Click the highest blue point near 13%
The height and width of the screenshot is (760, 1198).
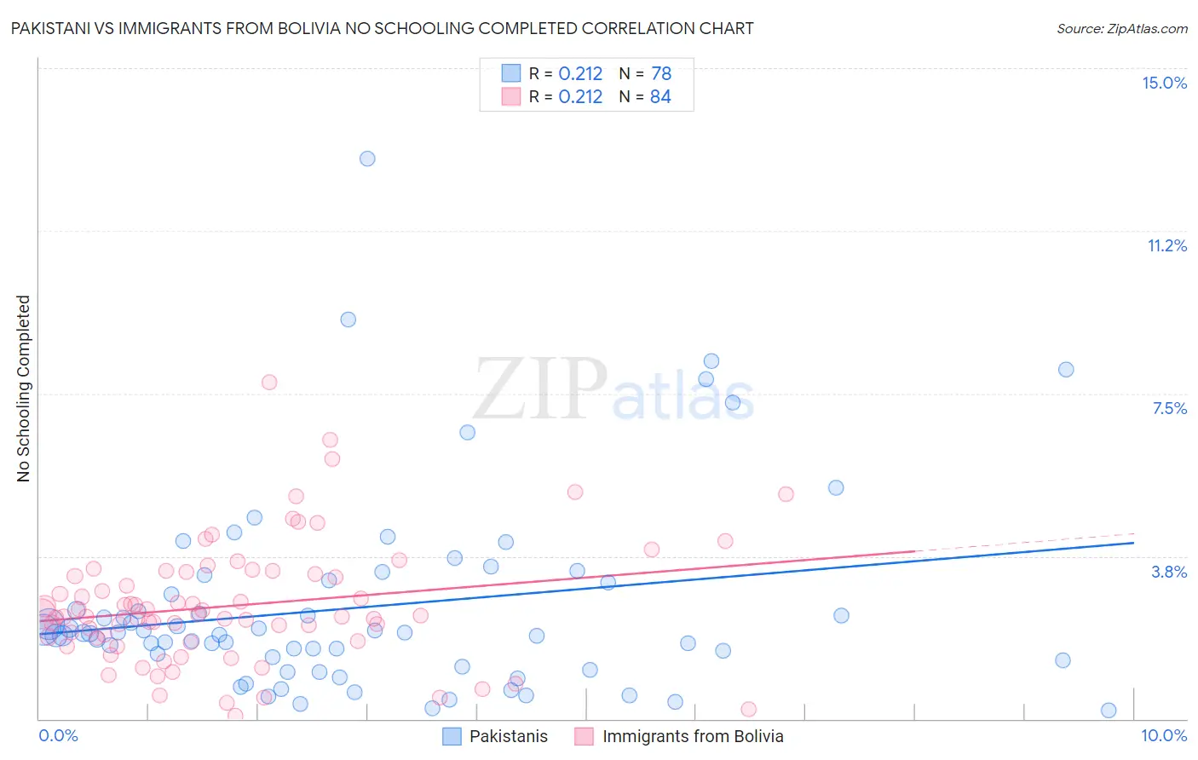tap(367, 158)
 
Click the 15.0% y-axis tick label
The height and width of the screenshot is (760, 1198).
tap(1164, 83)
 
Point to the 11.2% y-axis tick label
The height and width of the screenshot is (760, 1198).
tap(1166, 245)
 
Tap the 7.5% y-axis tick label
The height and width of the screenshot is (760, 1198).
tap(1169, 408)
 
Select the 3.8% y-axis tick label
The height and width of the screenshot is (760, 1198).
tap(1169, 572)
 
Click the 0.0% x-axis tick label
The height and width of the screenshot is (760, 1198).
tap(58, 735)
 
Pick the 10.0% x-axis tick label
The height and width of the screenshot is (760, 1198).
tap(1164, 735)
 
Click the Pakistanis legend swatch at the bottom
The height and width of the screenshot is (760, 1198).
tap(452, 736)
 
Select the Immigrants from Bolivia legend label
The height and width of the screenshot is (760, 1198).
tap(693, 736)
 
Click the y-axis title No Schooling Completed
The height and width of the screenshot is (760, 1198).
tap(23, 389)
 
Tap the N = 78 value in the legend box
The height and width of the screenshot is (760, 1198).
tap(645, 74)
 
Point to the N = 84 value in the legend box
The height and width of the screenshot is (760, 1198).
tap(645, 97)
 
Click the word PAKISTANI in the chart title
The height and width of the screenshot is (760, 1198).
tap(49, 28)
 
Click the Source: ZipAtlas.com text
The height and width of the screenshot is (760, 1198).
tap(1121, 28)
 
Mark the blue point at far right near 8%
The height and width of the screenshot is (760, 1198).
tap(1066, 370)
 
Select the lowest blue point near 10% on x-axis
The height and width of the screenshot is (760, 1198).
tap(1109, 711)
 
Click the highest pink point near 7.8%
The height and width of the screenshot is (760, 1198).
tap(269, 382)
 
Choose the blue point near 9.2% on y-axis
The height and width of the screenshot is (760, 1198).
tap(348, 320)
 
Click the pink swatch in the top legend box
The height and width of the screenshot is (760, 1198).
tap(510, 97)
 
